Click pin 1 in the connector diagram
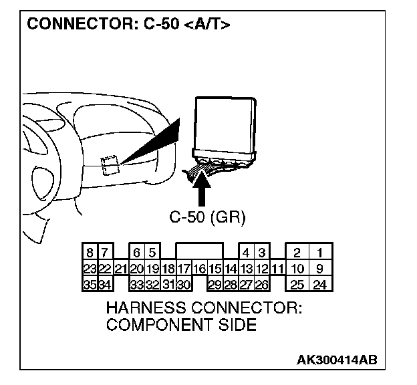[x=321, y=253]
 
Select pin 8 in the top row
[x=89, y=253]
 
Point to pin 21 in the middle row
[x=120, y=269]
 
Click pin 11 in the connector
[x=277, y=269]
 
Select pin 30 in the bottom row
[x=184, y=284]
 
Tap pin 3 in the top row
[x=262, y=253]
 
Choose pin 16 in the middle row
[x=199, y=269]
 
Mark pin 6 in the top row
[x=136, y=253]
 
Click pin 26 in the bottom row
[x=262, y=284]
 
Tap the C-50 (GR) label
[x=207, y=217]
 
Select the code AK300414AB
[x=337, y=360]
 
